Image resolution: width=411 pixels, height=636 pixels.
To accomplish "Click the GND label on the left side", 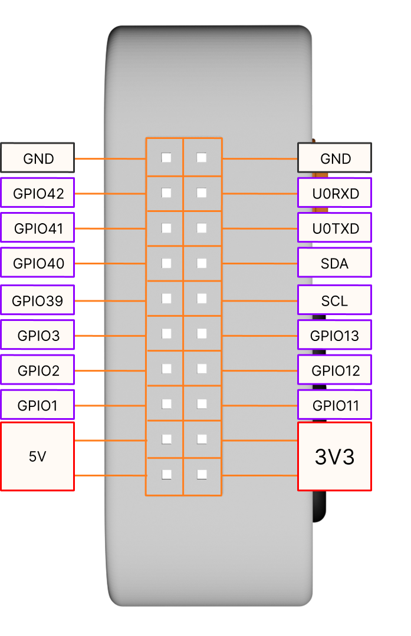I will click(x=38, y=158).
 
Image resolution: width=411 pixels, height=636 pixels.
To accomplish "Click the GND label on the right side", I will click(x=335, y=158).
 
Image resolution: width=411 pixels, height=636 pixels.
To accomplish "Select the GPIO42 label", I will click(x=38, y=193).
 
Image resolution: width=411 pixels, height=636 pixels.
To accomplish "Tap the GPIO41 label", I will click(x=38, y=228).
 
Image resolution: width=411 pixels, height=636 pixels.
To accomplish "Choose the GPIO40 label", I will click(x=38, y=263).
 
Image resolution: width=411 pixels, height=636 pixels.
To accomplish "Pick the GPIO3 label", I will click(x=38, y=336).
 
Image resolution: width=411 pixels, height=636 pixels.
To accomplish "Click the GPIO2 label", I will click(x=38, y=370).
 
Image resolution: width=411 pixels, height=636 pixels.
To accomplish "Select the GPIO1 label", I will click(x=38, y=405).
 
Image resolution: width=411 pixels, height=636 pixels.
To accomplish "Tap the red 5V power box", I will click(x=38, y=456).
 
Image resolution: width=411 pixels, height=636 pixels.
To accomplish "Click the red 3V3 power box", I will click(x=335, y=456).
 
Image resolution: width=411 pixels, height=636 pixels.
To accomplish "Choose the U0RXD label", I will click(x=335, y=193).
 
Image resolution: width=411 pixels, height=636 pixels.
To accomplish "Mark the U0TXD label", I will click(x=335, y=228).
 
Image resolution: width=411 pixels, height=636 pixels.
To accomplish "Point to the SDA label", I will click(x=335, y=263).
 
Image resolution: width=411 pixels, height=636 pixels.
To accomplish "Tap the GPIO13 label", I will click(x=335, y=336).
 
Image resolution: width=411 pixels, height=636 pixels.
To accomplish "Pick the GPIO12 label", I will click(x=335, y=370).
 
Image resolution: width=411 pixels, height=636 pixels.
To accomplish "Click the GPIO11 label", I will click(x=335, y=405).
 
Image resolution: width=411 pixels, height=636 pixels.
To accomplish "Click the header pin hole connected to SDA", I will click(x=202, y=263).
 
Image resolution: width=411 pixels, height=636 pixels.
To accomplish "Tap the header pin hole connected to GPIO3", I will click(x=166, y=334).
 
